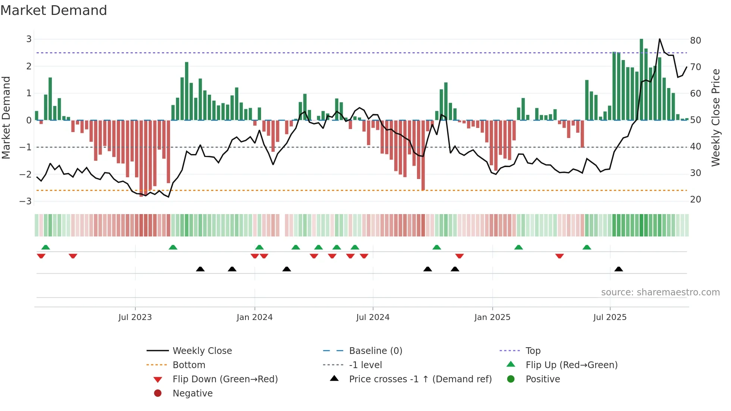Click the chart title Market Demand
(x=54, y=10)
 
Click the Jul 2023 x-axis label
(x=135, y=317)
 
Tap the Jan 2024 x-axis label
(x=254, y=317)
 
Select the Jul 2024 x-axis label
(x=373, y=317)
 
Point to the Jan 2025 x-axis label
(x=492, y=317)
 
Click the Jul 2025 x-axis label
(x=610, y=317)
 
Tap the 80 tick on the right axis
(x=696, y=40)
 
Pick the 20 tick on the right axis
(x=696, y=200)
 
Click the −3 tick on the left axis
(x=25, y=201)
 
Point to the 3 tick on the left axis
(x=29, y=39)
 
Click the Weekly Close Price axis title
(x=715, y=117)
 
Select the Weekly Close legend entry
(x=202, y=351)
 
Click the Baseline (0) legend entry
(x=376, y=351)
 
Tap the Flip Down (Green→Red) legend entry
(x=225, y=379)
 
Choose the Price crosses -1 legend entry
(x=420, y=379)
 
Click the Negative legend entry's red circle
(x=158, y=393)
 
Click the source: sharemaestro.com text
(x=660, y=292)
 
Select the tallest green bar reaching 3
(x=641, y=79)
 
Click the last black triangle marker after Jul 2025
(x=619, y=269)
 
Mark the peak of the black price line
(x=659, y=39)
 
